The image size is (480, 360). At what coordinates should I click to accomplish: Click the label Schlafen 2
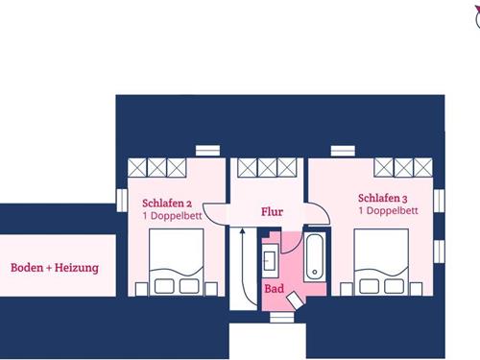pos(168,204)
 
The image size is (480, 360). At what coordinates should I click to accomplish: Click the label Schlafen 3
pos(384,195)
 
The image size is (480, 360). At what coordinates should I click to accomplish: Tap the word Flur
pos(273,211)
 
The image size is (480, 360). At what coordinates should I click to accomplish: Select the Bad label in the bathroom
pos(274,287)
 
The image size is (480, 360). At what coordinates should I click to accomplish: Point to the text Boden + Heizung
pos(55,268)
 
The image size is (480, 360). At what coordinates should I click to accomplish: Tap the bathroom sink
pos(270,258)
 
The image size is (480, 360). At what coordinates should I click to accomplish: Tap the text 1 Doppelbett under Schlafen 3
pos(387,209)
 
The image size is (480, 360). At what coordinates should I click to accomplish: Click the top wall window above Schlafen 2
pos(207,150)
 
